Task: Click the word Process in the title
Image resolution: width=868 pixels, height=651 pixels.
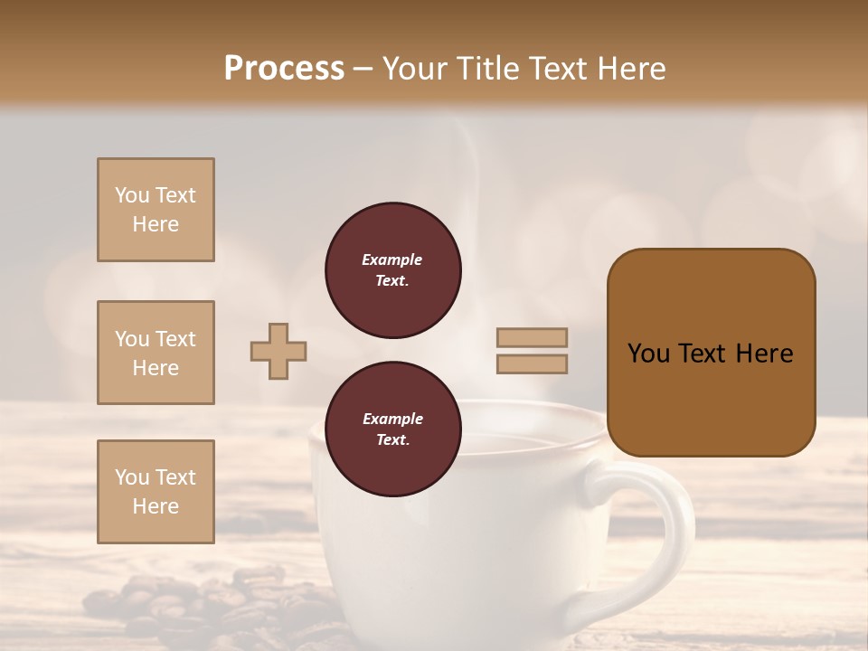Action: (284, 69)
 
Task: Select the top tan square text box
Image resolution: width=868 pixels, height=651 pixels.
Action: (156, 210)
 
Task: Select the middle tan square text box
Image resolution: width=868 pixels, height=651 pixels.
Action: (156, 353)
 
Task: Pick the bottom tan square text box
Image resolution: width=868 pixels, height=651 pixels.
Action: (156, 492)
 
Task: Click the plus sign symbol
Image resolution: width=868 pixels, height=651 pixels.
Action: (278, 352)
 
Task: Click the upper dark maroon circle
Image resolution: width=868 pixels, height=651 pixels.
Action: (392, 270)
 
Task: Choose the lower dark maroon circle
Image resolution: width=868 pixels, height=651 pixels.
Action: (392, 429)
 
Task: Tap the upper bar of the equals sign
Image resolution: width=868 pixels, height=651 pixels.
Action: (532, 338)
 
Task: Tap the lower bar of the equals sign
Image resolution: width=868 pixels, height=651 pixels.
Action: (532, 364)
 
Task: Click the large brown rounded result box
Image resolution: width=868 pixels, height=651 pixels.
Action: (711, 353)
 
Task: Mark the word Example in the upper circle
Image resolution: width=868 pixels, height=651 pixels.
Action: (392, 259)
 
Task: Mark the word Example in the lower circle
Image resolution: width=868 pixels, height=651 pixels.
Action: (392, 419)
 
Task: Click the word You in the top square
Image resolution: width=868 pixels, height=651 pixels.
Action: (131, 195)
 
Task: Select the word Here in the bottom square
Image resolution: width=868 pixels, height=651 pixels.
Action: (156, 506)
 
